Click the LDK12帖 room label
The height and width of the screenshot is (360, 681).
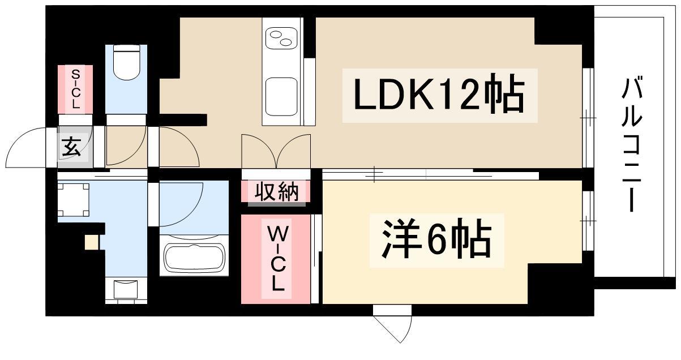coord(439,95)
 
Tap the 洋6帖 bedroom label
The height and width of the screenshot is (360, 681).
coord(436,240)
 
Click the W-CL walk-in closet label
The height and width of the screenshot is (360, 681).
coord(276,259)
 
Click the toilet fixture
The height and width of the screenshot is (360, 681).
coord(126,63)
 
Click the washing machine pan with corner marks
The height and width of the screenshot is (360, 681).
coord(73,199)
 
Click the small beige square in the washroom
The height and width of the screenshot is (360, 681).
coord(91,242)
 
